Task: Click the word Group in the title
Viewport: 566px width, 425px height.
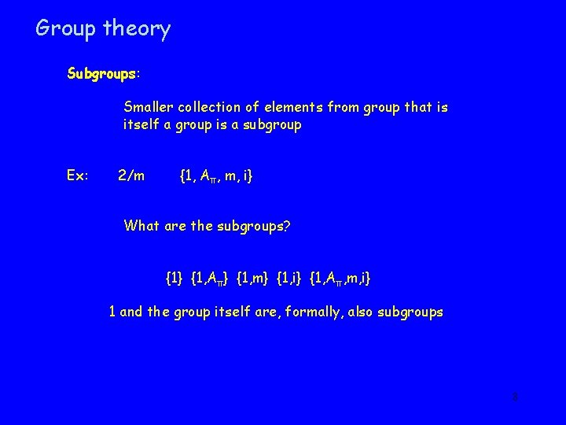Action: pos(66,29)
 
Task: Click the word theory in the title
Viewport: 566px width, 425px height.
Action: pos(136,30)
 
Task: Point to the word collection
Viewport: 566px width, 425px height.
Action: pos(212,107)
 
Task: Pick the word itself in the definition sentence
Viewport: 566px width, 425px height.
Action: pos(140,125)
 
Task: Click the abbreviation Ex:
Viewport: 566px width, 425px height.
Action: pos(78,175)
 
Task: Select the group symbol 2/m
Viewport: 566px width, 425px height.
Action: pos(130,175)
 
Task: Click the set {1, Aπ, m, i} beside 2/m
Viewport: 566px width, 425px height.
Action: pos(216,176)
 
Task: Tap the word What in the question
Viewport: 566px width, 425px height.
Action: pos(141,226)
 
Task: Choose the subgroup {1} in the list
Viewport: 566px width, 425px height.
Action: pos(174,278)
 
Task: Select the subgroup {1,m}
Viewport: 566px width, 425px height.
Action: pos(255,278)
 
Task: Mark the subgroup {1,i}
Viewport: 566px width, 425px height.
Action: pos(293,278)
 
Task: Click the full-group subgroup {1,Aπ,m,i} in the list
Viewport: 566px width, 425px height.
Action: pos(341,278)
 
